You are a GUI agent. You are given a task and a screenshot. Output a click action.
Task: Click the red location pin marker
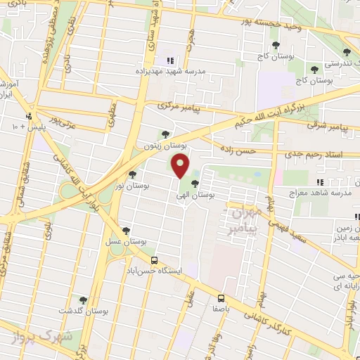pos(180,166)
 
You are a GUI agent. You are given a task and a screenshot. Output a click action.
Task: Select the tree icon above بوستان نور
pos(133,174)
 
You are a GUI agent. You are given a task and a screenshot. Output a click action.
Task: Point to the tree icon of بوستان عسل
pos(126,230)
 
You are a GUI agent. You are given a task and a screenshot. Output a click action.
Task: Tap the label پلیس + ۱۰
pos(27,126)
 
